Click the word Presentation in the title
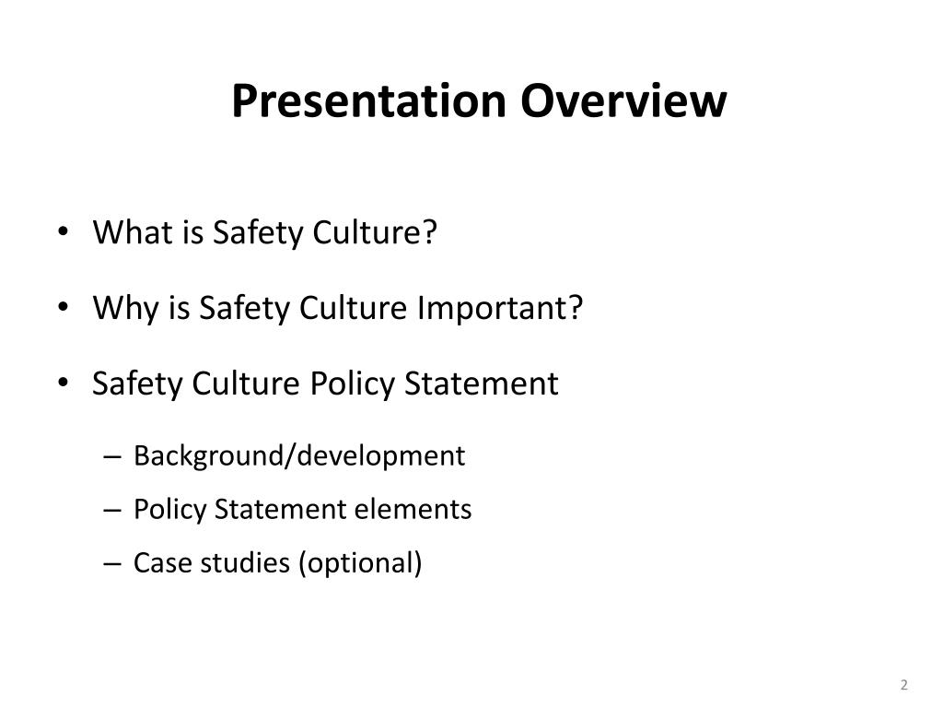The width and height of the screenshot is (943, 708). point(369,101)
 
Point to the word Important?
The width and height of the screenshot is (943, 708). point(502,308)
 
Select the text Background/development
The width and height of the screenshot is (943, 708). point(299,455)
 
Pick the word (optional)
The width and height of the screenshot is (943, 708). point(360,562)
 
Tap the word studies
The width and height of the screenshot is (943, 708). point(235,562)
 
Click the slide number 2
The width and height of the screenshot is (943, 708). point(904,684)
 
